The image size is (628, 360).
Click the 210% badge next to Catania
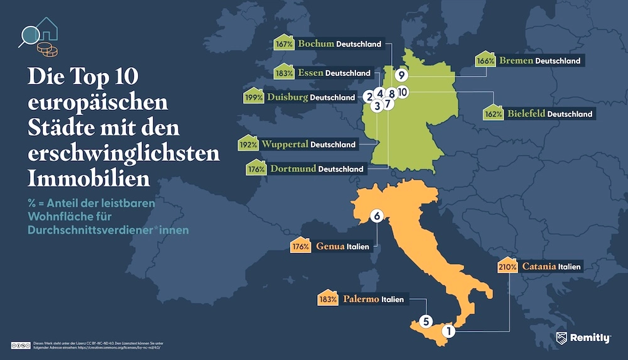point(507,266)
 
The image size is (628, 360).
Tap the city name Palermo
point(361,299)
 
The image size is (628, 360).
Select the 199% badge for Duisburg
point(252,97)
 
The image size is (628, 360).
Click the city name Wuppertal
point(284,144)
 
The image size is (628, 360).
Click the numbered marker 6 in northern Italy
point(377,216)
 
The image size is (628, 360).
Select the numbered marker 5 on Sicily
point(425,321)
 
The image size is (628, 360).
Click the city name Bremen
point(516,61)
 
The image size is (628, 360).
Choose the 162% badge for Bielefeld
point(494,114)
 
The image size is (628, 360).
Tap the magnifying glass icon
point(29,36)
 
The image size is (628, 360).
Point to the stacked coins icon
point(45,48)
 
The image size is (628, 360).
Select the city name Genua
point(330,246)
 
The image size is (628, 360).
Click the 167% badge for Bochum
point(284,44)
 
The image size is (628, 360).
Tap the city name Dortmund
point(293,168)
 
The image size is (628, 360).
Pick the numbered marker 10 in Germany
point(403,92)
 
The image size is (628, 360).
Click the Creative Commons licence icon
point(21,346)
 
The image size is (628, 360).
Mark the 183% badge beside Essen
point(284,73)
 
